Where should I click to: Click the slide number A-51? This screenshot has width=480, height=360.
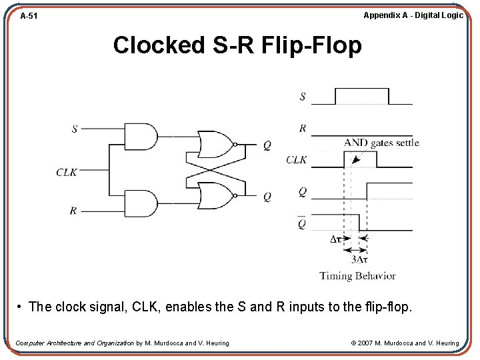(28, 15)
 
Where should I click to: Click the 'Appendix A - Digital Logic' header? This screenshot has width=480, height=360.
(413, 15)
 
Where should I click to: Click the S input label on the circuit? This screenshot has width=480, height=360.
(74, 129)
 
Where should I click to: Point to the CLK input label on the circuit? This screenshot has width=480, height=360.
(67, 172)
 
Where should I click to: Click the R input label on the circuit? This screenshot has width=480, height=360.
(73, 211)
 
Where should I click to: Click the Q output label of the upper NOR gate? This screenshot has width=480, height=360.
(267, 145)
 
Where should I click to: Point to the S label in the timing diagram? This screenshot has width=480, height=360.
(303, 97)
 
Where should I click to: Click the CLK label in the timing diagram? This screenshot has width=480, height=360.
(297, 160)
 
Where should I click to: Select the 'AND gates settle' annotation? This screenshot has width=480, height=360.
(381, 143)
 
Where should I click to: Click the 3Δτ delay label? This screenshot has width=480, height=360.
(359, 259)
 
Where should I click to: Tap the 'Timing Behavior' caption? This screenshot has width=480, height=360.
(357, 275)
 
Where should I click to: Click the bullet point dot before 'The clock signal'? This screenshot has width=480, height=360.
(21, 307)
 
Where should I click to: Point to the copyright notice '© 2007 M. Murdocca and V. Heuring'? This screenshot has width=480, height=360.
(405, 343)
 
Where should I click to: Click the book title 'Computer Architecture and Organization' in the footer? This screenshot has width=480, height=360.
(75, 343)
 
